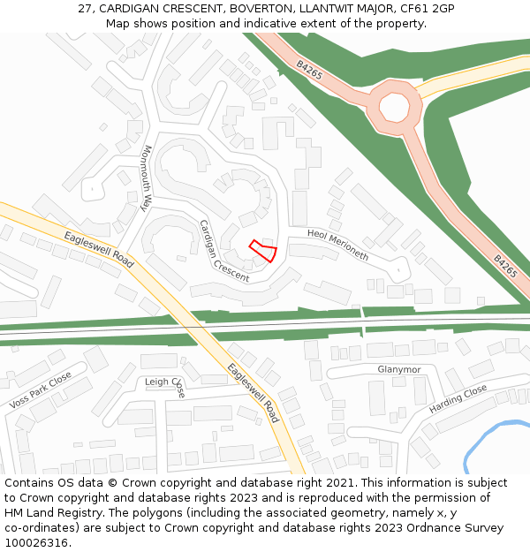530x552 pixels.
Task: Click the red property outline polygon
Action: [x=262, y=251]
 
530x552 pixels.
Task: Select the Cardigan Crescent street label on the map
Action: [x=223, y=252]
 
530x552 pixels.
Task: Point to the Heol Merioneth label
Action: [x=337, y=245]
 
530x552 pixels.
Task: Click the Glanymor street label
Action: [x=399, y=369]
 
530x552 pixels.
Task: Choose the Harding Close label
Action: [x=458, y=399]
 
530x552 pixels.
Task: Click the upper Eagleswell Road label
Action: [x=99, y=250]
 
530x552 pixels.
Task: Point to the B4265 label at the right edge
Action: [x=505, y=267]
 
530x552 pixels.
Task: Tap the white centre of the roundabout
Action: [x=394, y=108]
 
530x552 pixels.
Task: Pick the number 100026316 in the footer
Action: [x=36, y=542]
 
